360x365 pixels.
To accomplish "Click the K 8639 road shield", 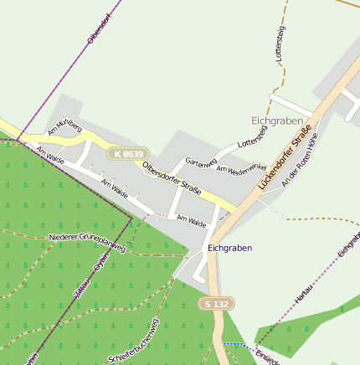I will point(128,154).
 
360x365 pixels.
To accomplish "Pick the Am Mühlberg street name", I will point(64,127).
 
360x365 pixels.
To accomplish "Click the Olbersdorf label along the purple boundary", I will point(99,28).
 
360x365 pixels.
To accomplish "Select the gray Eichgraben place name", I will point(275,121).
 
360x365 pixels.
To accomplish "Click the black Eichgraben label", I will point(229,249).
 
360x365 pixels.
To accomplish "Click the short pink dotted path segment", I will point(160,213).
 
